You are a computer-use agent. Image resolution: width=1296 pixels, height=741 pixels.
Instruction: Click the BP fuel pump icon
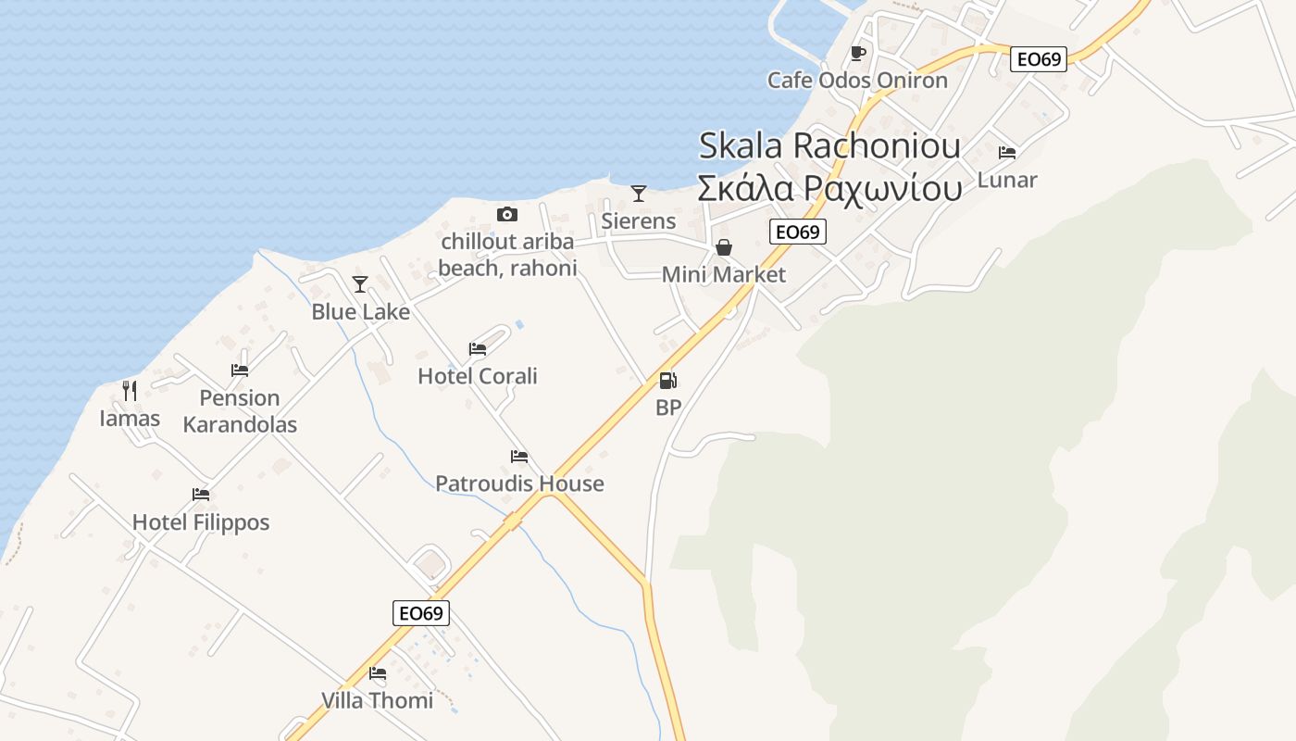click(667, 381)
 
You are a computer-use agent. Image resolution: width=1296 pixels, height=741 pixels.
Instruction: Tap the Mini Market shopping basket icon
click(724, 247)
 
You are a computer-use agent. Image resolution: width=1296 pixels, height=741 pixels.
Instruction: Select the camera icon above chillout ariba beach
click(507, 215)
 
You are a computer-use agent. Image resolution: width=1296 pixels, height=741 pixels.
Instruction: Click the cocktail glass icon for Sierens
click(639, 194)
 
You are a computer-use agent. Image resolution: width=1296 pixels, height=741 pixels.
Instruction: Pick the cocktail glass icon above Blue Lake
click(360, 284)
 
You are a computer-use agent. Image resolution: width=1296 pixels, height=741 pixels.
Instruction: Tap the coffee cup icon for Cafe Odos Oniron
click(858, 53)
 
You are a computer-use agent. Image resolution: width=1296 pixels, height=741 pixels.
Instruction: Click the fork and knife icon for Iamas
click(130, 391)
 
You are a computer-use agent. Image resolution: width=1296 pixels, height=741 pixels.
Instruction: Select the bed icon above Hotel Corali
click(478, 349)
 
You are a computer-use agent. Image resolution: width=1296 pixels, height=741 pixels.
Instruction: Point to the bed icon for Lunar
click(1007, 152)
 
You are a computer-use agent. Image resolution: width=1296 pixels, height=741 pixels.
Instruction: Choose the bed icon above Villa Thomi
click(378, 673)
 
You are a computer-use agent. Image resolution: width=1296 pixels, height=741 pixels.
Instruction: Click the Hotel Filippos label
click(201, 522)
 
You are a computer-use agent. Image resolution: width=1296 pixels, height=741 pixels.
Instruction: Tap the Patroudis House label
click(519, 484)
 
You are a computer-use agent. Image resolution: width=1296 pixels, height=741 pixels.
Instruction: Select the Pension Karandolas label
click(240, 411)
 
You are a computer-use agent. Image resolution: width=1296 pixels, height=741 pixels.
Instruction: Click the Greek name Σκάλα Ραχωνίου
click(829, 188)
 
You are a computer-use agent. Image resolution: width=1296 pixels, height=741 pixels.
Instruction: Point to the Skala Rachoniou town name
click(829, 145)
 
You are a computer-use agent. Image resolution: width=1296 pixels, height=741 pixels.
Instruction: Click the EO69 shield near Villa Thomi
click(421, 613)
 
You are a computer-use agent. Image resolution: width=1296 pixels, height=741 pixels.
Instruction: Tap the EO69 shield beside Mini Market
click(797, 232)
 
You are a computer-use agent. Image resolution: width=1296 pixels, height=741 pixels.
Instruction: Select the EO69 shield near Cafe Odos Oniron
click(1039, 59)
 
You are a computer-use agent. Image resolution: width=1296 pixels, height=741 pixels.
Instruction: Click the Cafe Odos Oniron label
click(857, 81)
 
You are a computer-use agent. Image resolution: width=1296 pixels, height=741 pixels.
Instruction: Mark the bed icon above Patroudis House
click(519, 457)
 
